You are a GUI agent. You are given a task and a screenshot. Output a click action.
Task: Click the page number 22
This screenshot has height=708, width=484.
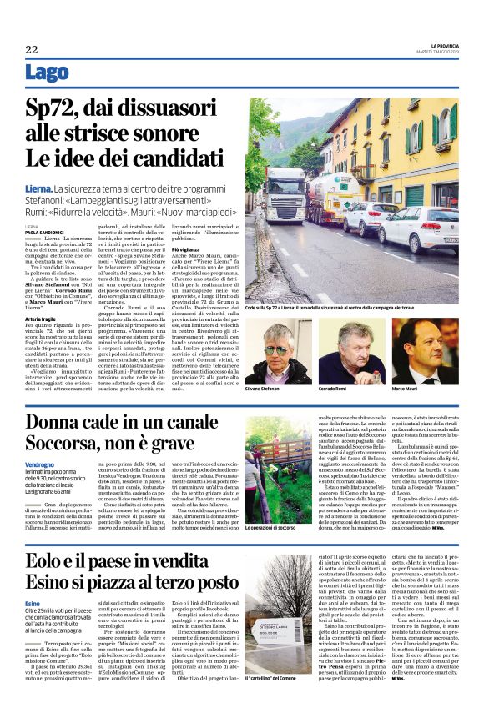(x=32, y=49)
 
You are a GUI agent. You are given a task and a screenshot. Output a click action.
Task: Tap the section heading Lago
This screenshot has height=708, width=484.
(x=48, y=73)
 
